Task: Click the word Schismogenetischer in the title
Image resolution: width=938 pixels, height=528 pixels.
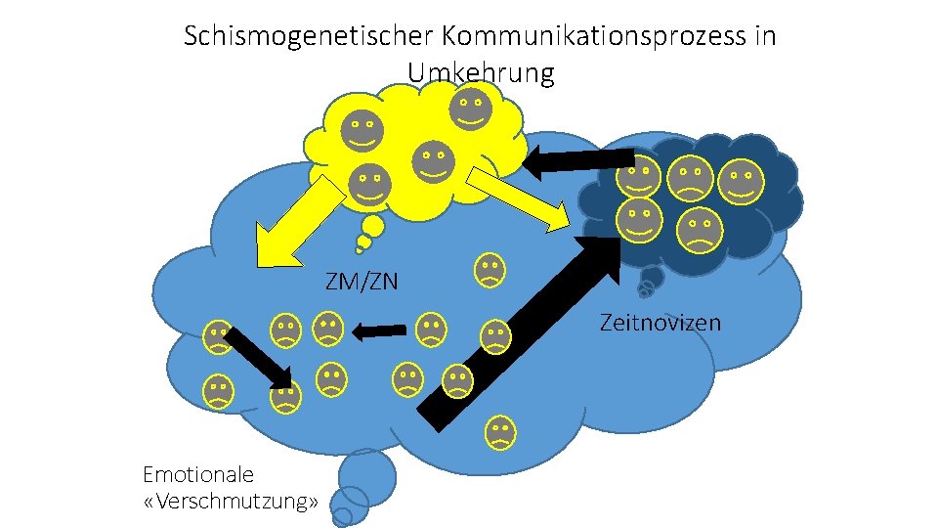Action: [309, 37]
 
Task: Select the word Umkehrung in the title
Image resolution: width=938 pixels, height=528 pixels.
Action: [480, 72]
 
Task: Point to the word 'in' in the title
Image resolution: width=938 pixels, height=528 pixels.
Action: [765, 37]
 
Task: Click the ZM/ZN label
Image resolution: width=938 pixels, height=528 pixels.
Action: [362, 283]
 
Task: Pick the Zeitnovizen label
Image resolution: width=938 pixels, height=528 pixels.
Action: [660, 322]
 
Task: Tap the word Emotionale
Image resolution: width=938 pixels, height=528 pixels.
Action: [198, 475]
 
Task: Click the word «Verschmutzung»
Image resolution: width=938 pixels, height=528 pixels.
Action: [232, 503]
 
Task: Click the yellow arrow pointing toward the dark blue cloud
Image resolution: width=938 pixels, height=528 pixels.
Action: [518, 199]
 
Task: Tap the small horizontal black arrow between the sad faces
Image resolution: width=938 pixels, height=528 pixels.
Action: [379, 332]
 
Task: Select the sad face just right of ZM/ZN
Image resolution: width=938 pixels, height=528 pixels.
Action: [490, 269]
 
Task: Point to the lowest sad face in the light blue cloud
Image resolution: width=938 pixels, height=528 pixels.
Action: [500, 431]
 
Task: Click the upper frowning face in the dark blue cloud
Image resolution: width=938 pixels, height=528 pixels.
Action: [690, 177]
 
